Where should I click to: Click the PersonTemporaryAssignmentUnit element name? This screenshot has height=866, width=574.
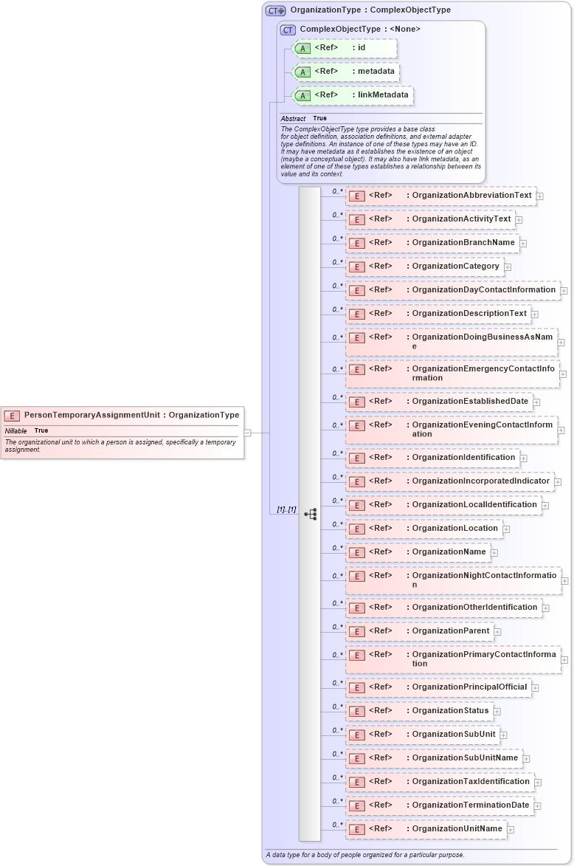tap(91, 415)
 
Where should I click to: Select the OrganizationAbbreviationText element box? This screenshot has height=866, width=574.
tap(441, 196)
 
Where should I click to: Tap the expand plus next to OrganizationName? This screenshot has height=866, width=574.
tap(494, 552)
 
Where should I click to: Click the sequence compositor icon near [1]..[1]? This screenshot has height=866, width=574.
tap(311, 514)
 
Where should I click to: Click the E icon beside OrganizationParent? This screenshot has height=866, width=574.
tap(357, 632)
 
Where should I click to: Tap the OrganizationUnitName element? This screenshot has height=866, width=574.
tap(426, 829)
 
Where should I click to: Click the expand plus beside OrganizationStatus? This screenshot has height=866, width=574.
tap(497, 711)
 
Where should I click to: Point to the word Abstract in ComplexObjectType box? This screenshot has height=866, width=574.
tap(293, 118)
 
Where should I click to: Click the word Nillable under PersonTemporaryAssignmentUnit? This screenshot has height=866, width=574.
tap(16, 430)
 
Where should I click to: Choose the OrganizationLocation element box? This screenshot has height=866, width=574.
tap(424, 529)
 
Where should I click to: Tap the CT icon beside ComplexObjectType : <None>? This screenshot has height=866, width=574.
tap(288, 30)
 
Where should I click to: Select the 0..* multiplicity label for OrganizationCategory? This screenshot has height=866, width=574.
tap(338, 262)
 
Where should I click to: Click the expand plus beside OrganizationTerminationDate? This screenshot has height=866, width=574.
tap(538, 805)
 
